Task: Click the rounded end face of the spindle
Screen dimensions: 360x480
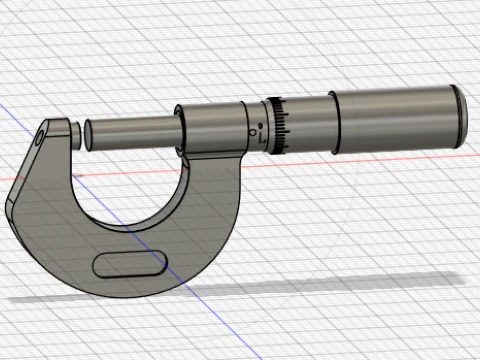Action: tap(86, 134)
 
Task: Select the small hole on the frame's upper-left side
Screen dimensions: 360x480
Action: tap(40, 139)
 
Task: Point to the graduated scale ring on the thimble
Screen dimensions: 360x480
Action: tap(280, 124)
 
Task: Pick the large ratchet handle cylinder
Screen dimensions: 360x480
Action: tap(400, 118)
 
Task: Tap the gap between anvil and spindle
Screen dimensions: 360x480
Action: tap(80, 133)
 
